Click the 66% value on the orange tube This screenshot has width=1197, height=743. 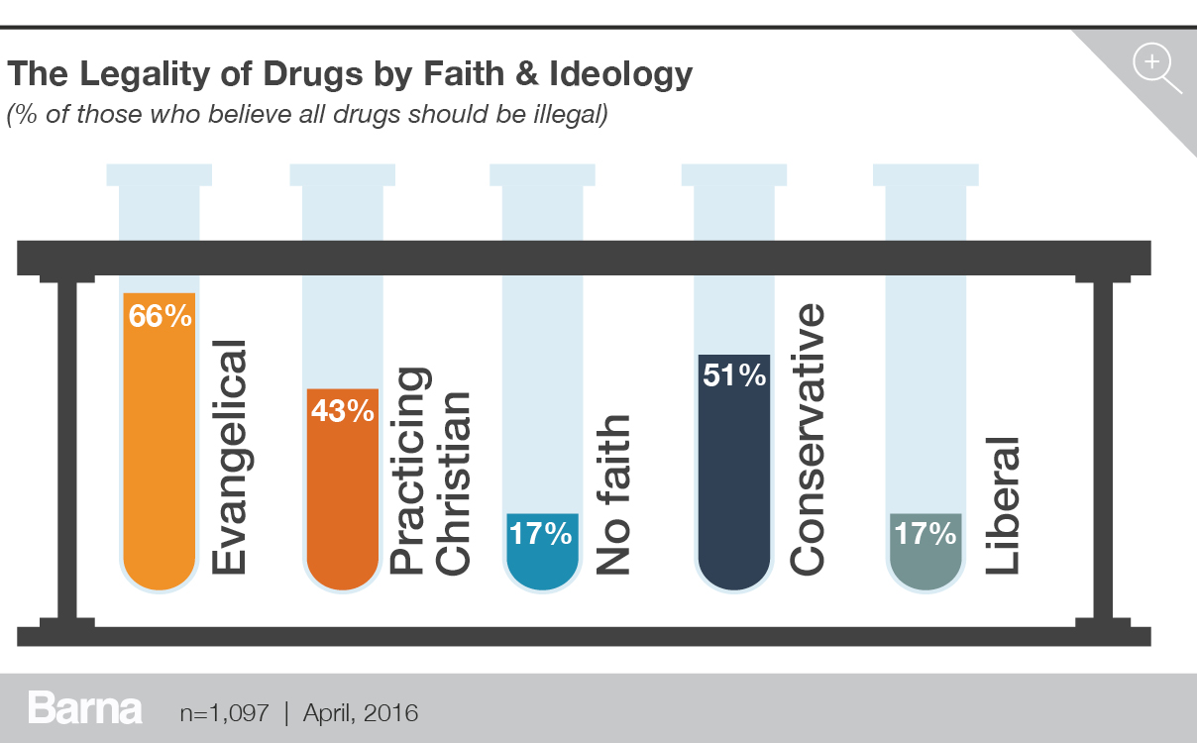click(160, 317)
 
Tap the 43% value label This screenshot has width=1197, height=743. click(342, 410)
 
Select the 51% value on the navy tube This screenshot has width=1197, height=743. click(734, 375)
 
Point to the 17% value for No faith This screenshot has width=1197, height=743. click(540, 534)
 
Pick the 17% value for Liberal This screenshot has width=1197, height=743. click(925, 534)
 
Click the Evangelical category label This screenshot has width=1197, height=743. click(228, 457)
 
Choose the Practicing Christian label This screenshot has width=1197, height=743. click(432, 471)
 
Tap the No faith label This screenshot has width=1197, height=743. click(613, 494)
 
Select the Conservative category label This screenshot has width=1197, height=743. click(807, 439)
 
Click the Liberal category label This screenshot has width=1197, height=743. click(1001, 504)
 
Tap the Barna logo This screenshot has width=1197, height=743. click(85, 709)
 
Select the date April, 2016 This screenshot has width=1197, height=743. click(361, 712)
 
